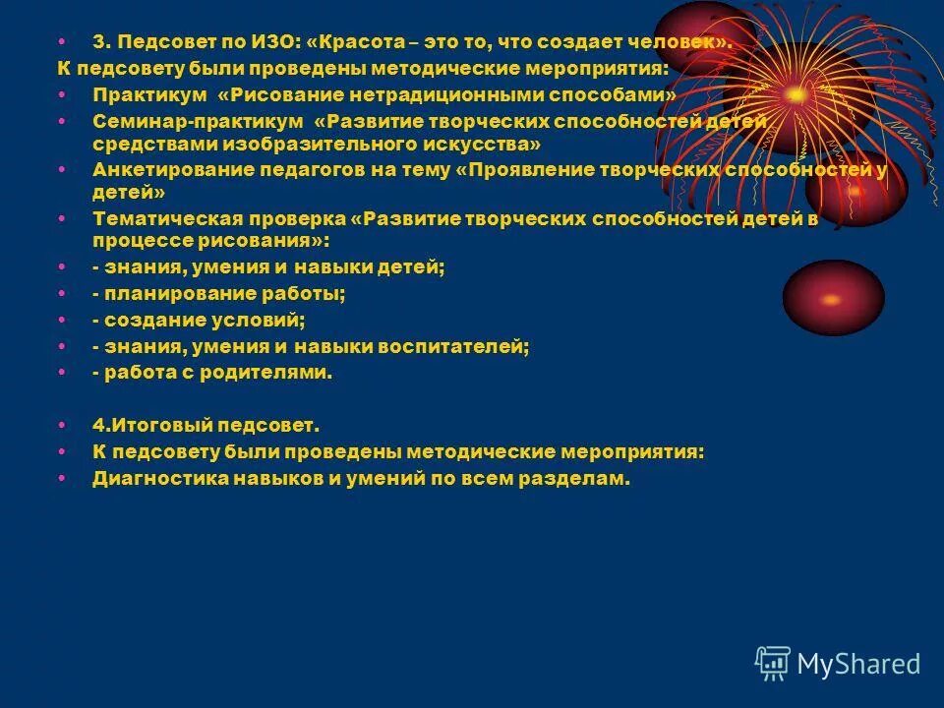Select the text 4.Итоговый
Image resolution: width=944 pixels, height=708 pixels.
[148, 426]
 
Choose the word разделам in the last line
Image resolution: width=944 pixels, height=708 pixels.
[574, 479]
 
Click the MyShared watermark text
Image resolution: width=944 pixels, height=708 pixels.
[858, 664]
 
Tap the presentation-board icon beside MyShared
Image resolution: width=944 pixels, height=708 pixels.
[772, 663]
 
